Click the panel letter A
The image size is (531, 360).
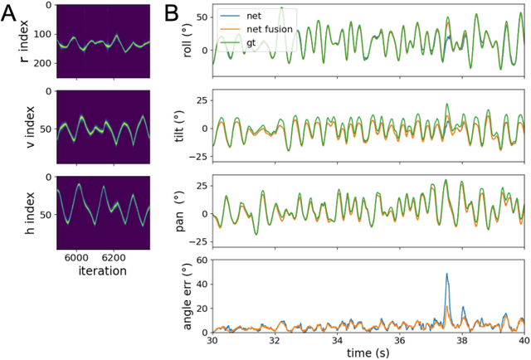click(x=12, y=14)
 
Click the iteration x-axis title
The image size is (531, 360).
click(x=98, y=270)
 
